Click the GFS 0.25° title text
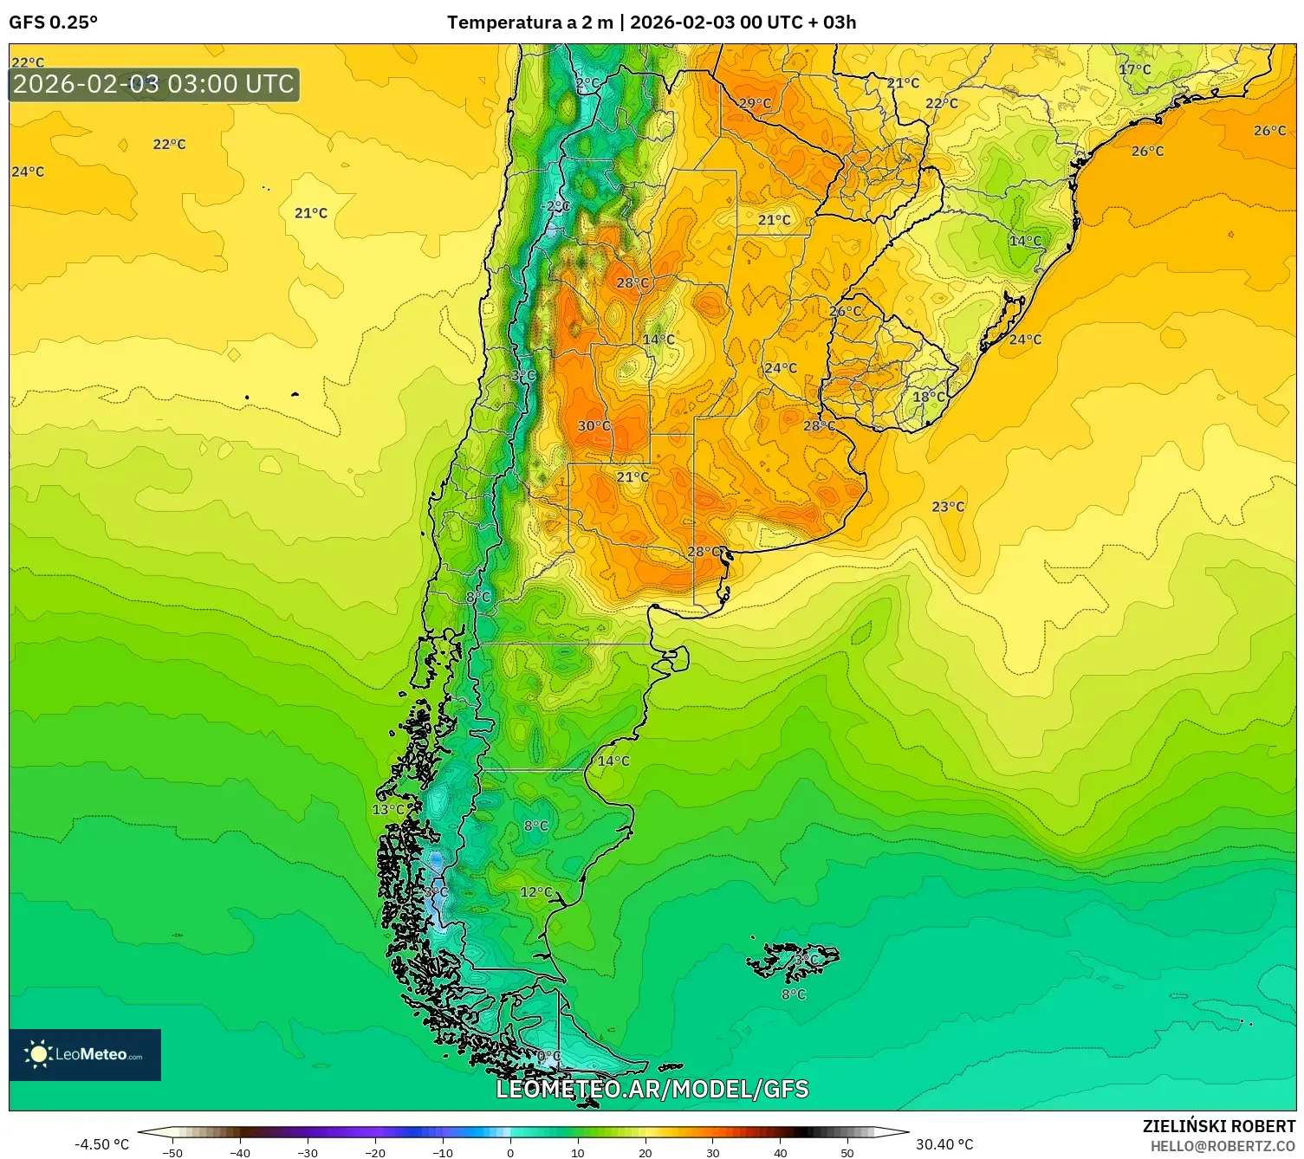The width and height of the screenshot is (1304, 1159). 53,23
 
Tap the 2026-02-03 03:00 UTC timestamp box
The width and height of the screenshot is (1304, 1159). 154,85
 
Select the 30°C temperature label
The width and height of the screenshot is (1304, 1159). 594,426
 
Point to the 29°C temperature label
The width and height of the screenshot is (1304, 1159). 755,103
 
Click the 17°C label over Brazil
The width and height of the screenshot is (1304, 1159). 1134,69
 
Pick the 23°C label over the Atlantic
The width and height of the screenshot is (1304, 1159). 948,507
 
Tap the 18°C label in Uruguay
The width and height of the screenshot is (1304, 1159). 929,397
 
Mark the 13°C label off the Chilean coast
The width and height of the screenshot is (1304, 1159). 388,810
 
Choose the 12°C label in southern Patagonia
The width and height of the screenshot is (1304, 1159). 535,892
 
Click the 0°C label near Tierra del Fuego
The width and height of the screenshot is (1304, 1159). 548,1057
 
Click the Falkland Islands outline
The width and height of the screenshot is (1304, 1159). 793,960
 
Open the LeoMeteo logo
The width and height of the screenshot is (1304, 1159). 85,1054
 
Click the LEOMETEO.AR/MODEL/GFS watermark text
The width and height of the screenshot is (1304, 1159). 652,1090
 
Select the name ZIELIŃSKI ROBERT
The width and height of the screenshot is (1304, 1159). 1218,1127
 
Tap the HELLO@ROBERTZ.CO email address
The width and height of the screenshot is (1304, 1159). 1223,1146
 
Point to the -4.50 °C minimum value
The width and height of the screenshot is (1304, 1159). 101,1144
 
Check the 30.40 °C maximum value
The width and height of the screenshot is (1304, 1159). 944,1144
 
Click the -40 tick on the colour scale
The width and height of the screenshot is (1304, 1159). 240,1153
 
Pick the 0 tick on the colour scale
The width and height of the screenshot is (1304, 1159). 510,1153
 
